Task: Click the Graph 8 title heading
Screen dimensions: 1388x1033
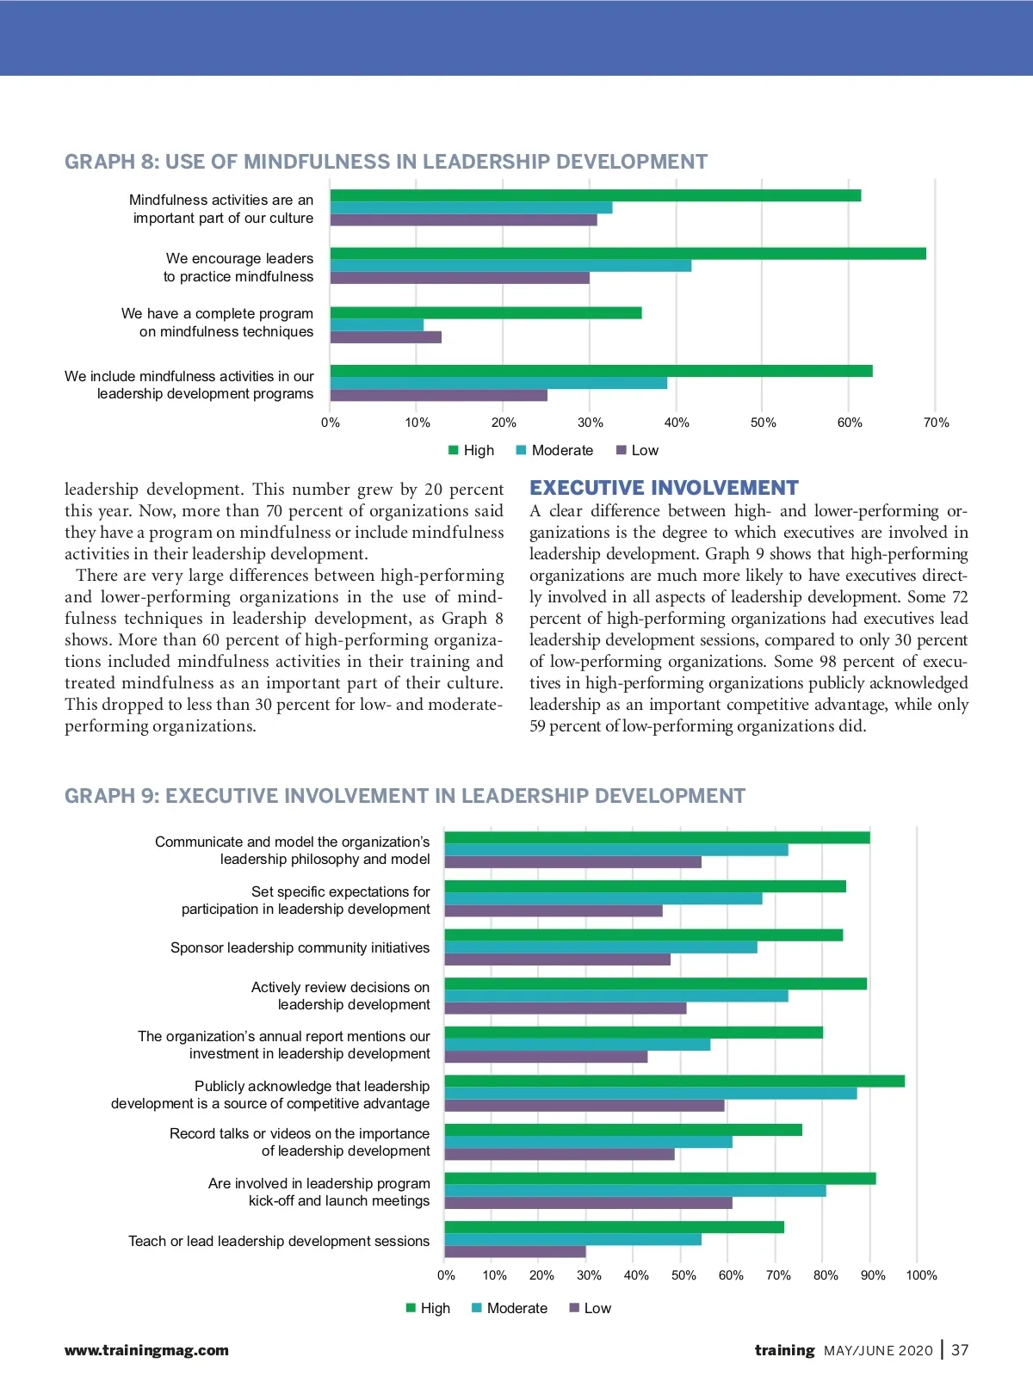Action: [386, 162]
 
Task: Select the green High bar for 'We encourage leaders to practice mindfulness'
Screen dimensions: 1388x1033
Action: [628, 254]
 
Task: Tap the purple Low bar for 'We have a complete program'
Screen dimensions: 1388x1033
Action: [386, 337]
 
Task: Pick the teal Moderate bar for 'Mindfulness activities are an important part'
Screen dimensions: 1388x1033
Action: [471, 208]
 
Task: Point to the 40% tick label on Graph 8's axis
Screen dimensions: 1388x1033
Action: [677, 423]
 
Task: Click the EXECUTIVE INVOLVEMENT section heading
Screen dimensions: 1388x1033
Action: [664, 488]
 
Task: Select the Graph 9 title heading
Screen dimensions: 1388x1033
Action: [405, 796]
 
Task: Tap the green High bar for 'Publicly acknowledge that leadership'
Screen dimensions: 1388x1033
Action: [674, 1082]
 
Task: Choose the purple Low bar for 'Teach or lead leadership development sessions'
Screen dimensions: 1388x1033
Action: [515, 1252]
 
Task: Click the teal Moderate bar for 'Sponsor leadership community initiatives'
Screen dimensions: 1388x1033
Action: [601, 947]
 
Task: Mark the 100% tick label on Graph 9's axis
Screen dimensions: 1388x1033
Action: [921, 1275]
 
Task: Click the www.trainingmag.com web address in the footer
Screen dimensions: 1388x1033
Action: [146, 1350]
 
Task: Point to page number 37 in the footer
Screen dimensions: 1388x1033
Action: [960, 1350]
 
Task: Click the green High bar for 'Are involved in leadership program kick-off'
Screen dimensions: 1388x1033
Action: [660, 1179]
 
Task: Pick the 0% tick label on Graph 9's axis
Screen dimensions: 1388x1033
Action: [446, 1275]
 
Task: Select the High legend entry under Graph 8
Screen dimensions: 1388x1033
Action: [472, 450]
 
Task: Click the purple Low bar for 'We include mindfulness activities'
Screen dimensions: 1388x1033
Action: [438, 396]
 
